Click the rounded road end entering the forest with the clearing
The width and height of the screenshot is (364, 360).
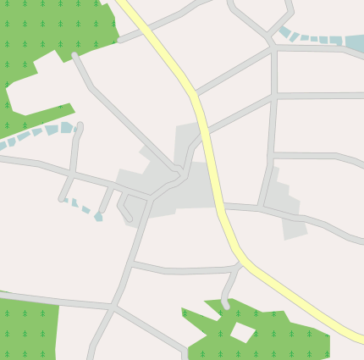pos(225,303)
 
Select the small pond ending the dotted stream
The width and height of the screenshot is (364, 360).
pos(99,217)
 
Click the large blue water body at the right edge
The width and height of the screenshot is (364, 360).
pos(355,43)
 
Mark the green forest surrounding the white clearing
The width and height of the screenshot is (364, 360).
pos(279,339)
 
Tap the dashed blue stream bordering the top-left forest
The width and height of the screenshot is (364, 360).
pos(38,133)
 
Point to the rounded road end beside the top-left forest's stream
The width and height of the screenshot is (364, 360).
pos(80,128)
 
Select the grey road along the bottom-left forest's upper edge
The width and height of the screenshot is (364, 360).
pos(59,299)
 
